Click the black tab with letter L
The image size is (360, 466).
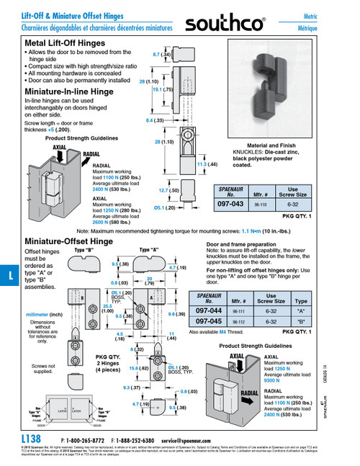(6, 274)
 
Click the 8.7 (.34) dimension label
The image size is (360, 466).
(161, 53)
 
